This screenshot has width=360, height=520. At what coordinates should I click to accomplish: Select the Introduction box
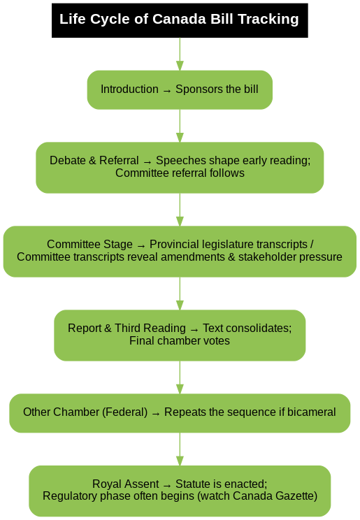pos(180,90)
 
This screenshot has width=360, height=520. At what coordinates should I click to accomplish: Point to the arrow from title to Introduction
pos(180,54)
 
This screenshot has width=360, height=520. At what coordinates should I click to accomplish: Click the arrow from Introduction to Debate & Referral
pos(180,126)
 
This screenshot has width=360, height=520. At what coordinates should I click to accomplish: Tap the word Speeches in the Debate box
pos(177,161)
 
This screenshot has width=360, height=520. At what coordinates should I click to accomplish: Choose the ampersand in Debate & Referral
pos(92,161)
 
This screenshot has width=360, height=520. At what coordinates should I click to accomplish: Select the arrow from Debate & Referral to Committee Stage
pos(180,210)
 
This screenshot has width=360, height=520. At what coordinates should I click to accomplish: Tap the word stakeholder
pos(264,257)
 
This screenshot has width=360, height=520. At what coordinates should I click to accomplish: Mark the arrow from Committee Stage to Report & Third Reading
pos(180,294)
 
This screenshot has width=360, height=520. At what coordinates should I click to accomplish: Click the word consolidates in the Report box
pos(247,328)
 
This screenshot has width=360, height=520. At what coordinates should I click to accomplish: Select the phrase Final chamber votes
pos(180,341)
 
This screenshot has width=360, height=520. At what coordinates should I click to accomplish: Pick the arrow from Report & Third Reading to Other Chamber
pos(180,377)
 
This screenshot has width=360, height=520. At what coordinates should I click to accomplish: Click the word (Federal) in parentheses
pos(124,412)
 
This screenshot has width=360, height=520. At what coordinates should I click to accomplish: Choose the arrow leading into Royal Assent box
pos(180,449)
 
